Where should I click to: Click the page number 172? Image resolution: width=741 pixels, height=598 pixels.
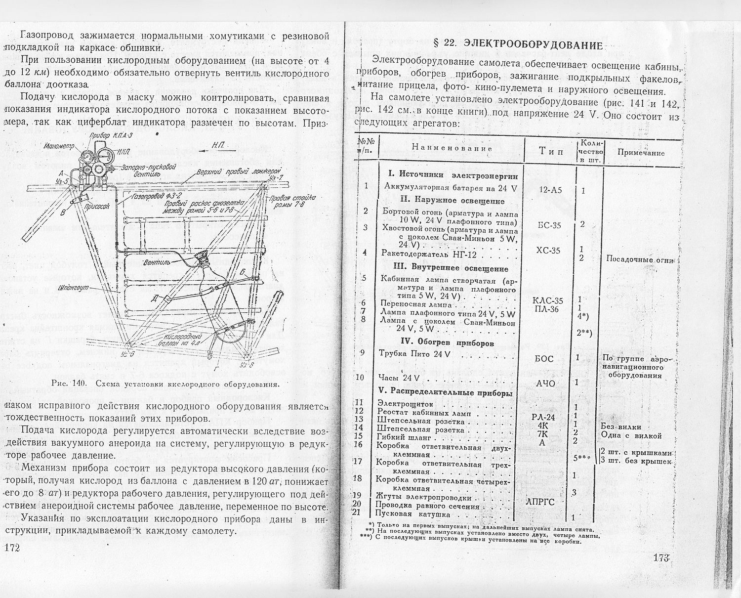11,548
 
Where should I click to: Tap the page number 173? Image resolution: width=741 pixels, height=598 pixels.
660,558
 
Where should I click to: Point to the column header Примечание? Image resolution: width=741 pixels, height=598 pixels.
641,153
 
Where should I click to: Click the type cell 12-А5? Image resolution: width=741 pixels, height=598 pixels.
548,190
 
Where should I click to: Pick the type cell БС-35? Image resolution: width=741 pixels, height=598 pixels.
548,225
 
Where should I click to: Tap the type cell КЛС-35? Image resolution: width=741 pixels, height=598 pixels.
547,300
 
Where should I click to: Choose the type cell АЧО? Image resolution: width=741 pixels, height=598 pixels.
545,383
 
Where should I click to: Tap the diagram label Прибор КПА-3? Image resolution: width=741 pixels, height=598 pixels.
112,135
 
